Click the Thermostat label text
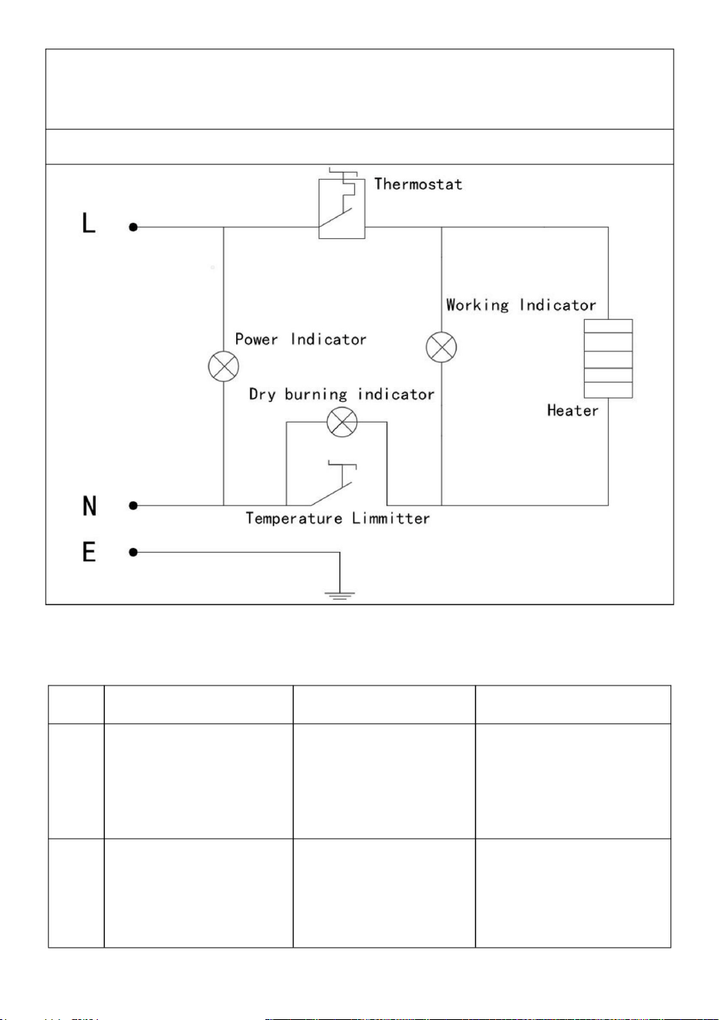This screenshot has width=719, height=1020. (418, 184)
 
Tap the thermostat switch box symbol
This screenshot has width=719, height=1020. (342, 209)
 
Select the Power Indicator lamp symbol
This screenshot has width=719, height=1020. (223, 366)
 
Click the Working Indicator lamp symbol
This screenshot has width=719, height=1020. (441, 347)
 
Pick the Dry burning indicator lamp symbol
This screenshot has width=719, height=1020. (343, 422)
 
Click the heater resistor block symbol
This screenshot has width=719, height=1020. (608, 359)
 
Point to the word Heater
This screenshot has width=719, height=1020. (572, 410)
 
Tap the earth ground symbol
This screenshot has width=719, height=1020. (339, 596)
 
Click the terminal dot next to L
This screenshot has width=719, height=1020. (133, 227)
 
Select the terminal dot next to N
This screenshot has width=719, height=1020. (133, 506)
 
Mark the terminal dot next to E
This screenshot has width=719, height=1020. (133, 552)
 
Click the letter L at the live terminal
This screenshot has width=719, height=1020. (89, 223)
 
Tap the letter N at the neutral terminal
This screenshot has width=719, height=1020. (89, 506)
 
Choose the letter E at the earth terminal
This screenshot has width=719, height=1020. (89, 552)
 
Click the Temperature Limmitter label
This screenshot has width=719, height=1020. (338, 519)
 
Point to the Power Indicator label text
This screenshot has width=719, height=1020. (300, 339)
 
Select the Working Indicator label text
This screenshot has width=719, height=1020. (521, 305)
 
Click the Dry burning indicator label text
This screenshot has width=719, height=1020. (341, 394)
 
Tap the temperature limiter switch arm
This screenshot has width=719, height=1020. (331, 494)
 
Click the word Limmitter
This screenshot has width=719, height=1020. (390, 518)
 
